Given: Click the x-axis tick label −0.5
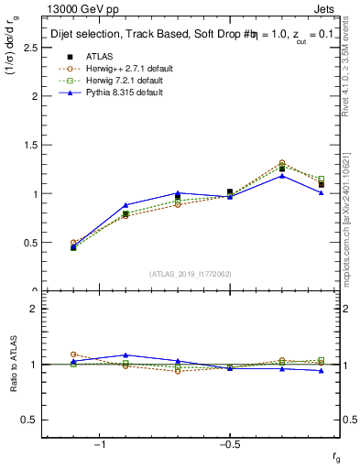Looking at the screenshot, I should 228,444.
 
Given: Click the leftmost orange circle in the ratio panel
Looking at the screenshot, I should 73,354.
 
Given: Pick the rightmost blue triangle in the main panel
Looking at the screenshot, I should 321,192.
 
